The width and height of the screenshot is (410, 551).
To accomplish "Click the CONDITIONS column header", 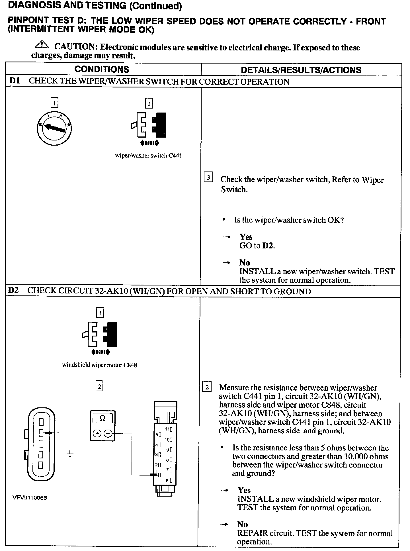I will click(x=102, y=70).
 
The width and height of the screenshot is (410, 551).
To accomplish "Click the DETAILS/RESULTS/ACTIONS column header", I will click(x=301, y=70).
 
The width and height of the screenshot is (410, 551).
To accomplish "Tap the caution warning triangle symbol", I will click(x=42, y=45).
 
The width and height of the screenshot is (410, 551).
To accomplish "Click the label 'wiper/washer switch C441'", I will click(x=148, y=156).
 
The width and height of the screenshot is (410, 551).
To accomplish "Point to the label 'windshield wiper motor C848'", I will click(x=100, y=365).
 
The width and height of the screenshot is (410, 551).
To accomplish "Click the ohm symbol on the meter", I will click(x=102, y=418).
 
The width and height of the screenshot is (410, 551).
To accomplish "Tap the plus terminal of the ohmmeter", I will click(x=97, y=434).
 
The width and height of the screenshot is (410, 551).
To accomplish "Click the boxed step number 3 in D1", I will click(x=208, y=178).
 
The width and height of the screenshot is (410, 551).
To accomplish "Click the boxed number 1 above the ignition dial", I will click(x=54, y=103).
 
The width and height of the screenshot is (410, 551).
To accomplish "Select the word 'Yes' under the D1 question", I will click(x=246, y=237).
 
